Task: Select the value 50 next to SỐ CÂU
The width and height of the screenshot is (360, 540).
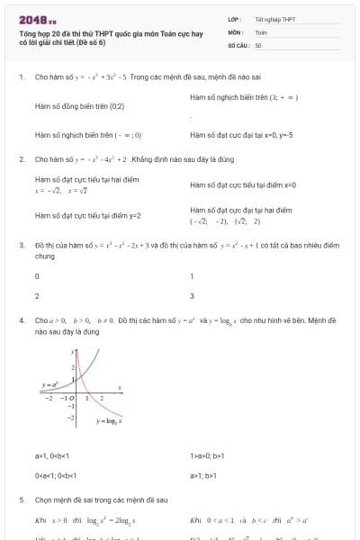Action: click(x=258, y=45)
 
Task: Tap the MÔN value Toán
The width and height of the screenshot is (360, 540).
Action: click(x=261, y=31)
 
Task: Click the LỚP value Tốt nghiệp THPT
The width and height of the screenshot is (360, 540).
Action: click(x=274, y=19)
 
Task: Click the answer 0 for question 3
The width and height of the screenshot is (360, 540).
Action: click(x=37, y=276)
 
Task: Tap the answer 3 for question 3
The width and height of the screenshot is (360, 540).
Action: click(x=192, y=296)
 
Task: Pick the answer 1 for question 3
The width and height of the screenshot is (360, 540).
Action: click(x=192, y=276)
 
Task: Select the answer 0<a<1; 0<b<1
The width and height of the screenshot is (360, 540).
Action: click(x=58, y=476)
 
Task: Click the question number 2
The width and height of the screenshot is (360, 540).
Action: click(x=21, y=159)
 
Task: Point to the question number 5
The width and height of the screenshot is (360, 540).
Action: click(x=21, y=499)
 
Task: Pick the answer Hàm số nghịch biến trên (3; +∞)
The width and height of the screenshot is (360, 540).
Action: click(x=243, y=96)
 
